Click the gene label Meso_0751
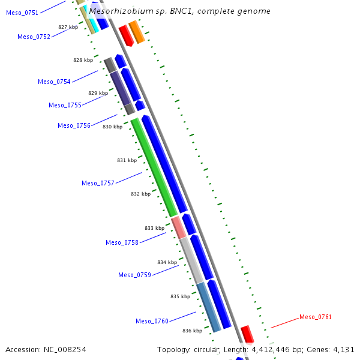click(22, 13)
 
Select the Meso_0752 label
click(34, 37)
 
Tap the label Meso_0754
click(54, 82)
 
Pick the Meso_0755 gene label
click(65, 105)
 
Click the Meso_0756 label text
click(74, 125)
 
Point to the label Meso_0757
click(98, 183)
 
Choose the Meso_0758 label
click(122, 242)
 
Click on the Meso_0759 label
click(134, 275)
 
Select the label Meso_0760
click(152, 321)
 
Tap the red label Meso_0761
click(316, 317)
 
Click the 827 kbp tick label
click(68, 27)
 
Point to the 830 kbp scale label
click(112, 127)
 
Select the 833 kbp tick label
click(154, 228)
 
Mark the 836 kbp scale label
click(192, 331)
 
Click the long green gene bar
click(154, 167)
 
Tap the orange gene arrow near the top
click(137, 32)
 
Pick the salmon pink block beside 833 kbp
click(178, 227)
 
